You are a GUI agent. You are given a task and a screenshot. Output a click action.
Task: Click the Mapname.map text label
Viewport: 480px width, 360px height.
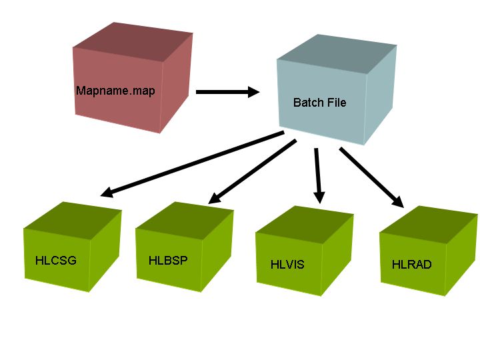point(115,91)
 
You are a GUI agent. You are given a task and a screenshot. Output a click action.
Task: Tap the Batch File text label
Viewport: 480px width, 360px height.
point(319,103)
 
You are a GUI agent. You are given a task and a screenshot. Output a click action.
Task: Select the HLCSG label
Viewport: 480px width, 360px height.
point(55,260)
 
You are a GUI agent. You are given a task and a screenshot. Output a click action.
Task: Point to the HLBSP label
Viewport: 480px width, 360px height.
point(168,260)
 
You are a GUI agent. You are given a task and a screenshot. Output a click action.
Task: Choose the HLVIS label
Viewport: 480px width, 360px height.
point(287,265)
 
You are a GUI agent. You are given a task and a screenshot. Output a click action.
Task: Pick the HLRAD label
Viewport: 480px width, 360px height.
point(411,265)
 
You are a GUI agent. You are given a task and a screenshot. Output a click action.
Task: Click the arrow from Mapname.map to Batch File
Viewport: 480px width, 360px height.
point(227,92)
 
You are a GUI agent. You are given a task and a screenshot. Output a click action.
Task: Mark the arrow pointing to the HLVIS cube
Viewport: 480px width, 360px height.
point(318,175)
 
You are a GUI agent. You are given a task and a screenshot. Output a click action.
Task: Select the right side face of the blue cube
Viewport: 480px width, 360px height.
point(381,93)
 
